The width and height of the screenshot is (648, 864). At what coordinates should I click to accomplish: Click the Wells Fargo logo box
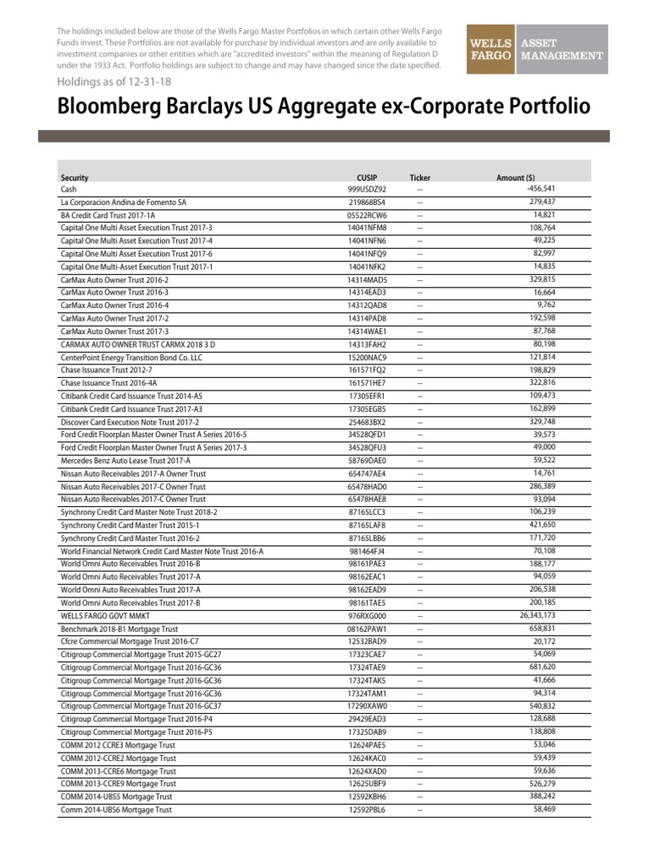click(491, 50)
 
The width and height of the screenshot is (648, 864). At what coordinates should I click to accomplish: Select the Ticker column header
click(419, 178)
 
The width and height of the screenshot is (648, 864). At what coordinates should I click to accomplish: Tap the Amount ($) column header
click(516, 178)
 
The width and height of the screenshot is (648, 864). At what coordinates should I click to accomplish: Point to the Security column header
click(74, 178)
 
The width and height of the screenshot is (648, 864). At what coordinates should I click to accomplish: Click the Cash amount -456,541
click(535, 189)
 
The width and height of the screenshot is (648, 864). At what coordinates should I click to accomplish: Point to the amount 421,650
click(538, 524)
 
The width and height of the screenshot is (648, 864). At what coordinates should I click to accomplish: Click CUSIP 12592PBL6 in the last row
click(366, 810)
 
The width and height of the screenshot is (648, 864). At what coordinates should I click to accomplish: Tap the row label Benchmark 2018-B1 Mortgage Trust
click(119, 629)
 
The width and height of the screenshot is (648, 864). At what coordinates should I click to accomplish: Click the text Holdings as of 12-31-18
click(109, 84)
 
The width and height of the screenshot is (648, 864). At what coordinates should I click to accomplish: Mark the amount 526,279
click(538, 784)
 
